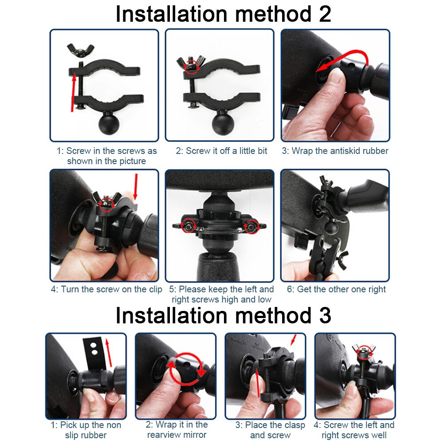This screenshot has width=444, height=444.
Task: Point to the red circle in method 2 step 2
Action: click(x=192, y=68)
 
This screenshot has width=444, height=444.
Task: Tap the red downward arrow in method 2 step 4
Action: click(x=136, y=187)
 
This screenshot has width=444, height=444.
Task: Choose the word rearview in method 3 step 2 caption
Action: click(x=167, y=435)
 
